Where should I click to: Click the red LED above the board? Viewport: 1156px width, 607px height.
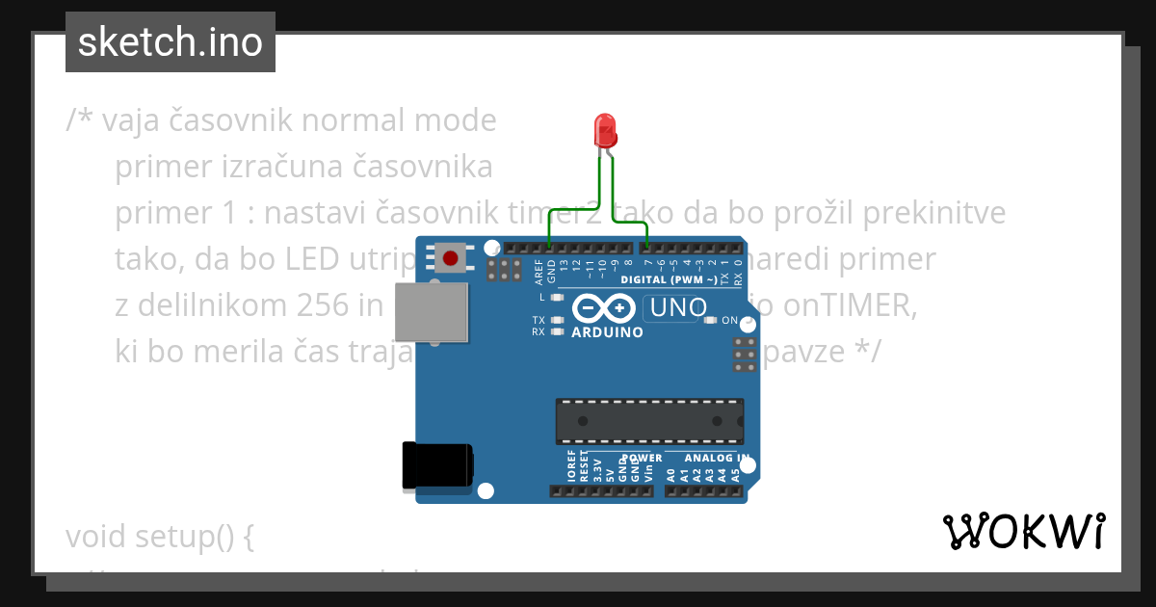(605, 129)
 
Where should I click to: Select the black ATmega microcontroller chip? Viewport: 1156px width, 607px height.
(648, 421)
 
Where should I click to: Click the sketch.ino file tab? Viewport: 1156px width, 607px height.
(171, 42)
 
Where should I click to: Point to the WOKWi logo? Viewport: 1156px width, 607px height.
(1023, 532)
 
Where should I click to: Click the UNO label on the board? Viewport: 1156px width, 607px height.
(678, 308)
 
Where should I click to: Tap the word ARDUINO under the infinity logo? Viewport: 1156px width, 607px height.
(607, 332)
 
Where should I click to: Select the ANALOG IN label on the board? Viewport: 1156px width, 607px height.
(716, 458)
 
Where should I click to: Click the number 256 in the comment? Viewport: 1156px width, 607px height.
(325, 305)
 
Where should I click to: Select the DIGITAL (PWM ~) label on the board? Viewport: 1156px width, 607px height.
(670, 279)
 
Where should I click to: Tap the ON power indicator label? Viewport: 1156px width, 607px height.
(729, 320)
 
